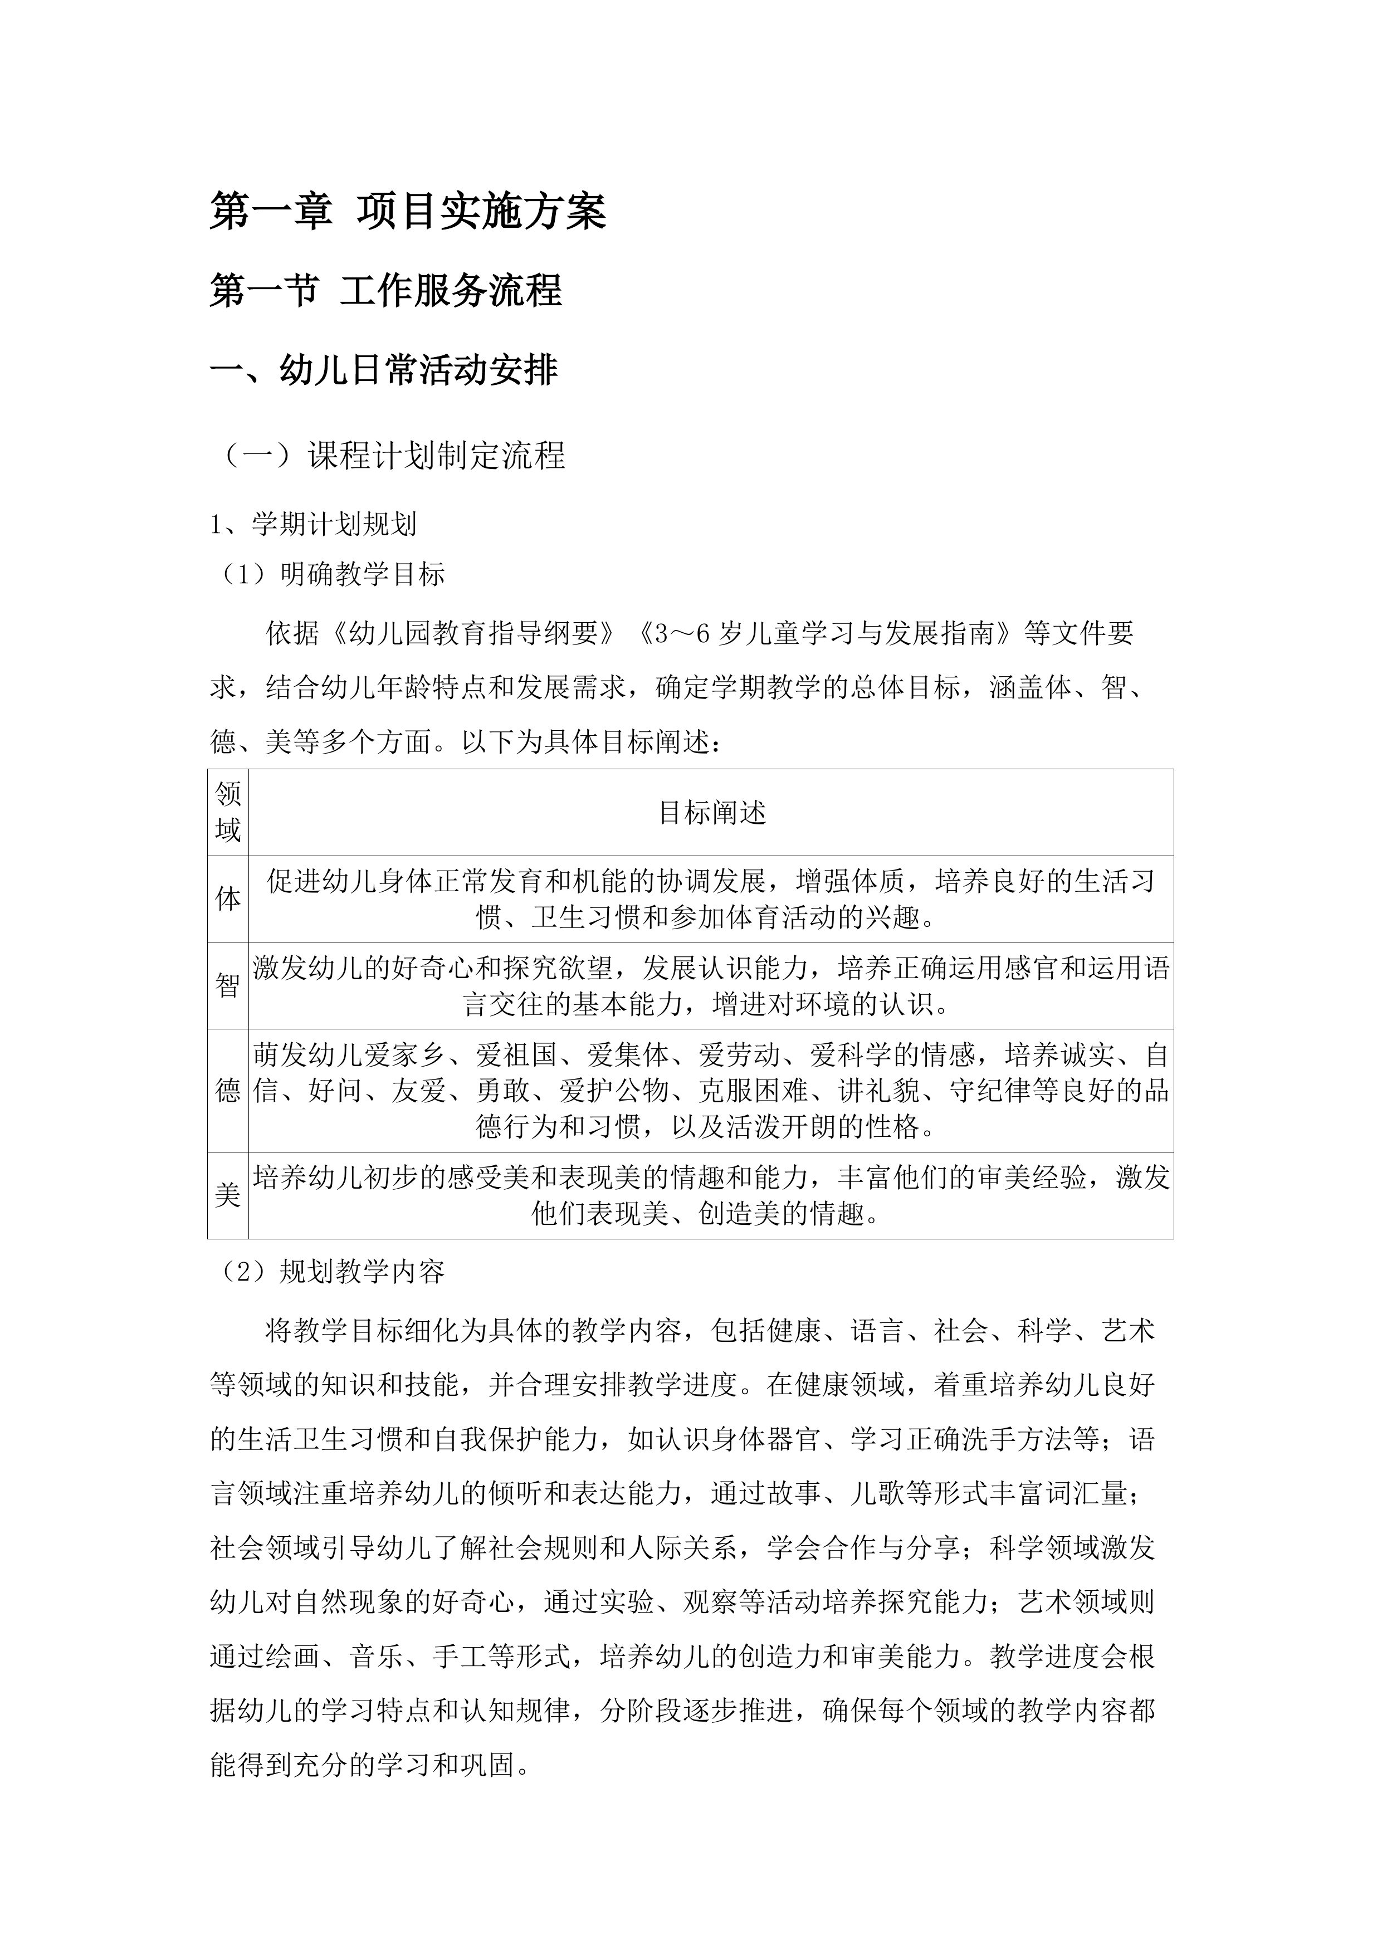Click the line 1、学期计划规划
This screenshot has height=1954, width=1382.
tap(313, 524)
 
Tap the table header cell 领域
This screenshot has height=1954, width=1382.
tap(228, 812)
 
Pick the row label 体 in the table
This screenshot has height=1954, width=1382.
tap(228, 898)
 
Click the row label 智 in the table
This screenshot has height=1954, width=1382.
tap(228, 985)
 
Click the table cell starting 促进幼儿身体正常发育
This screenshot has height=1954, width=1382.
tap(711, 898)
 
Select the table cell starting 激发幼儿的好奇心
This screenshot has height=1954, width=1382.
tap(711, 985)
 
